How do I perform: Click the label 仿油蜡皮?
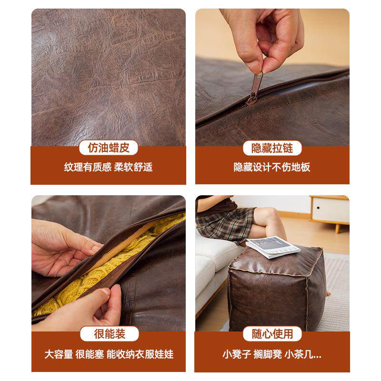point(109,148)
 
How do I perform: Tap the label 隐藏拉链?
point(272,148)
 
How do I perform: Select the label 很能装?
point(109,334)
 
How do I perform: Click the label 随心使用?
point(272,334)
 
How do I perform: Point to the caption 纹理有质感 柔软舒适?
point(109,167)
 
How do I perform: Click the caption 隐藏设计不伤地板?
point(272,167)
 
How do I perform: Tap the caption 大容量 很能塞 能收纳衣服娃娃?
point(109,354)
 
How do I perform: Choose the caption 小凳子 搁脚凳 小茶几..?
point(272,354)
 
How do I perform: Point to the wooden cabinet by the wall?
point(330,210)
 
